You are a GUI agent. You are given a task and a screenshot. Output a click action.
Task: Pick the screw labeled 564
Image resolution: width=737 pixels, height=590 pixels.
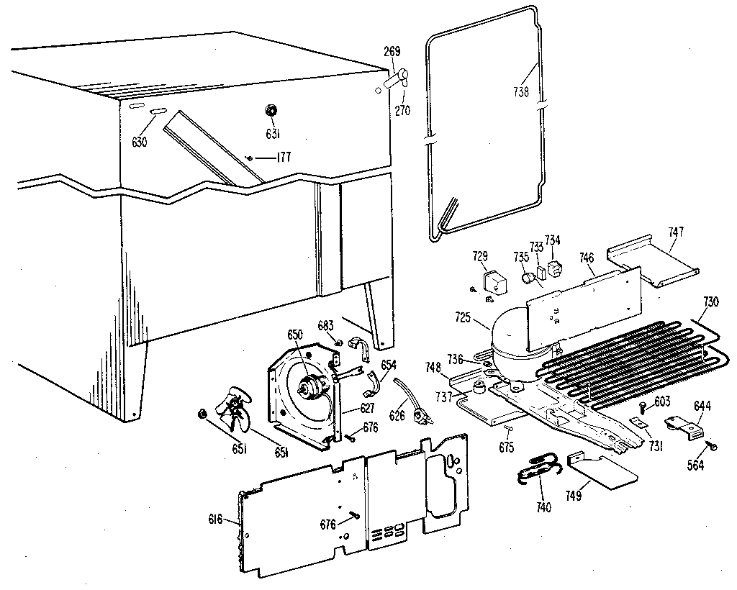click(713, 446)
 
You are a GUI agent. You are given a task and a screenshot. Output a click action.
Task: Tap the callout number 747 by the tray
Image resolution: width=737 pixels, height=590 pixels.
click(676, 232)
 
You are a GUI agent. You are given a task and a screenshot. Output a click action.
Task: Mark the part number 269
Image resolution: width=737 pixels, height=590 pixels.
click(392, 51)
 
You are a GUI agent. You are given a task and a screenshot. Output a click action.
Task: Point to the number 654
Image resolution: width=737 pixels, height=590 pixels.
click(388, 366)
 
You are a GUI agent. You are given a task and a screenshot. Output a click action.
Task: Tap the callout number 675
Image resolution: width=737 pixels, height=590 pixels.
click(507, 447)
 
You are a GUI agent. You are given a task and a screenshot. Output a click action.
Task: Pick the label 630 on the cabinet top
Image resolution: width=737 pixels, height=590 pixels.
click(139, 142)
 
